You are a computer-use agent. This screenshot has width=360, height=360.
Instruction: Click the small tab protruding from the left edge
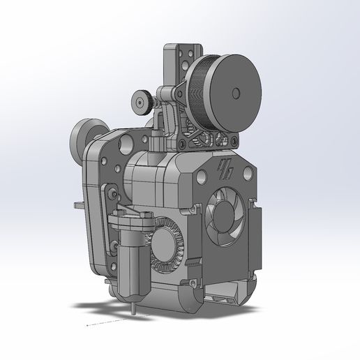(x=79, y=205)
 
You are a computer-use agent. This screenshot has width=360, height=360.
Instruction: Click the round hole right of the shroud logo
(x=248, y=171)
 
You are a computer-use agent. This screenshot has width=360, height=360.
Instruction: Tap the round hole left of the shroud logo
(x=203, y=168)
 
